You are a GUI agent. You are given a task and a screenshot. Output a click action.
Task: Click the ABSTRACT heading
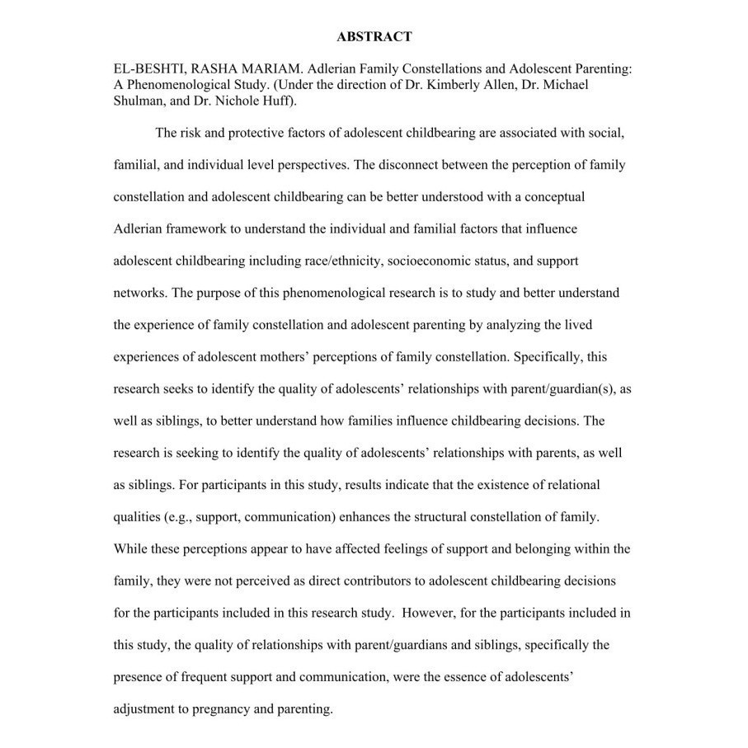coord(374,37)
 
